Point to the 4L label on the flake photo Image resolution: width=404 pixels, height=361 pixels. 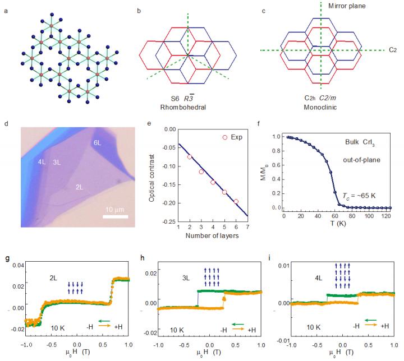click(x=42, y=163)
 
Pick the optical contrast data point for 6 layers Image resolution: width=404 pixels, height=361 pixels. click(x=236, y=201)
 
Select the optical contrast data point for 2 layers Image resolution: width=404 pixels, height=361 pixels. click(x=190, y=157)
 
